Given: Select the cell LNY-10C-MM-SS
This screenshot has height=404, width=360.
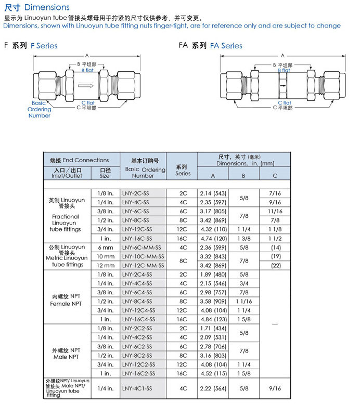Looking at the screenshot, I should [x=143, y=256].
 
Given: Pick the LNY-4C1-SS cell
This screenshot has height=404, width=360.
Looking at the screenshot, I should [x=137, y=388].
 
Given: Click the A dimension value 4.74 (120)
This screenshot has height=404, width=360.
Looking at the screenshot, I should [x=213, y=238].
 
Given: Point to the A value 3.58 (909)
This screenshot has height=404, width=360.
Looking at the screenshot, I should [x=213, y=301].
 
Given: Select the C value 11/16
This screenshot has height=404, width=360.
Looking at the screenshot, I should [x=275, y=211].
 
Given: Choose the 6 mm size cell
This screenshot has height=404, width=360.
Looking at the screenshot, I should [x=105, y=247].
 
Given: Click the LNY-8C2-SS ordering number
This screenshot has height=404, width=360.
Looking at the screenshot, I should [x=137, y=355].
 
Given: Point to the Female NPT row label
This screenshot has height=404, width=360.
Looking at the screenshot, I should [x=66, y=301].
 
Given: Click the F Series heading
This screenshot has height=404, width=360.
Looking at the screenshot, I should [x=44, y=46].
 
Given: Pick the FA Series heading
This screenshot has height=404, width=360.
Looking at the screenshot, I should [x=226, y=46].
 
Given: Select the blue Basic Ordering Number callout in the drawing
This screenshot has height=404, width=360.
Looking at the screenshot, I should [x=40, y=109].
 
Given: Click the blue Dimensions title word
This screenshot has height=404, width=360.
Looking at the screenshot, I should [x=47, y=7].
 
